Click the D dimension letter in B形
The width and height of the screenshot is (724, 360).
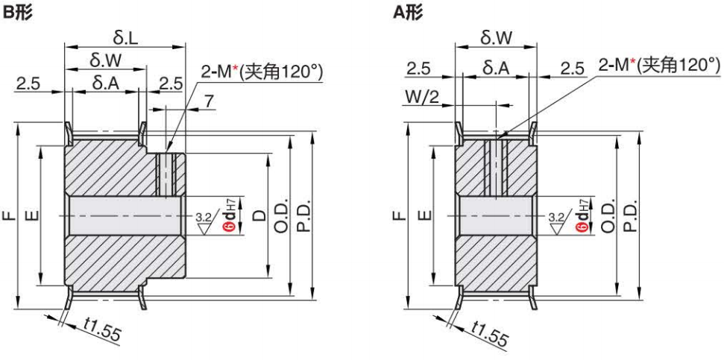[x=259, y=216]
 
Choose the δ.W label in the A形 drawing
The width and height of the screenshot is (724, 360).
[x=497, y=36]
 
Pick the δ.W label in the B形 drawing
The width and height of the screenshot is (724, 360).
[x=104, y=58]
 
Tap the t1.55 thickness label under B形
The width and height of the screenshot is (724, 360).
[x=103, y=331]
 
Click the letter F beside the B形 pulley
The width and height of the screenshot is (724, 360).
[x=8, y=216]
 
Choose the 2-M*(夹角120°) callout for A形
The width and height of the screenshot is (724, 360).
[x=659, y=66]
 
